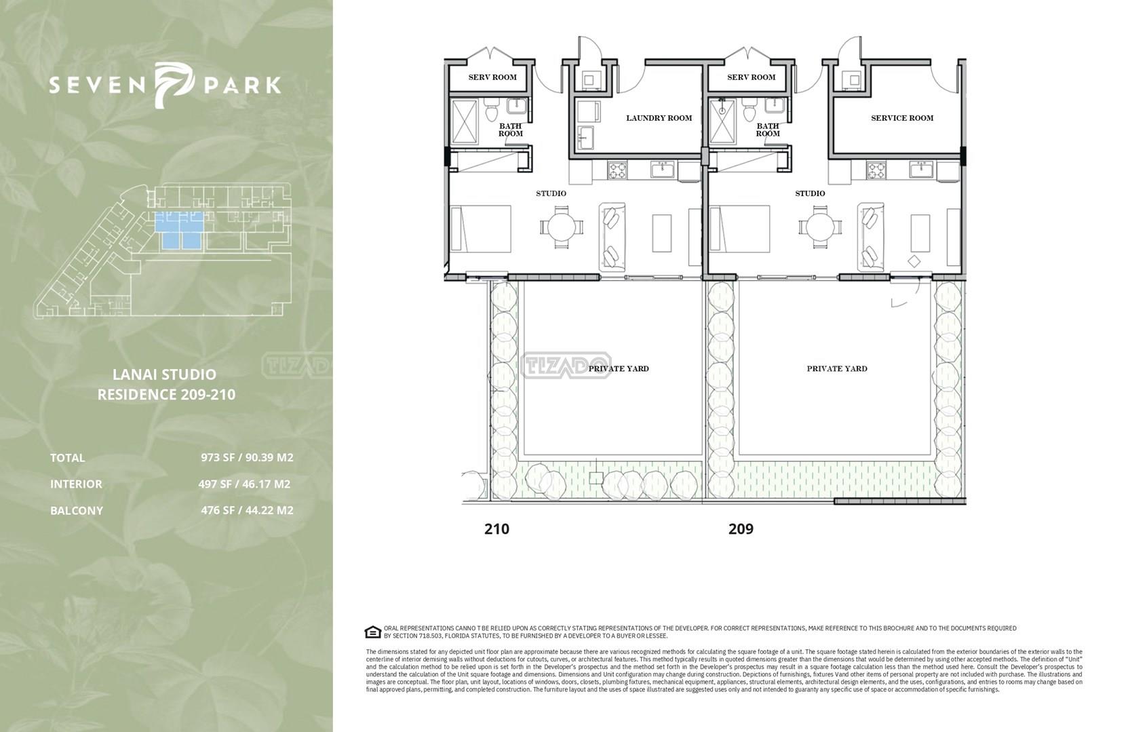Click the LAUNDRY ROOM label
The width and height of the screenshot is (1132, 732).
(x=659, y=118)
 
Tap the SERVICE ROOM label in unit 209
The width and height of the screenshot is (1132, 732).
(x=902, y=118)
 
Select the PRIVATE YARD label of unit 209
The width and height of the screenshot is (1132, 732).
(x=837, y=368)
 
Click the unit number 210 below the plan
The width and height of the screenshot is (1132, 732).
(x=496, y=528)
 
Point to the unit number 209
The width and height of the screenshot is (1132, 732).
(x=741, y=528)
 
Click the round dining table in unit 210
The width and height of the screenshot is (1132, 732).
(x=562, y=227)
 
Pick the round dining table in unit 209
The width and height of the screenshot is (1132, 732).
(x=820, y=227)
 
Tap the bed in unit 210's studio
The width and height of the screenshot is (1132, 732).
(x=481, y=228)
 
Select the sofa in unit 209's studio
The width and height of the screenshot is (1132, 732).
(x=870, y=237)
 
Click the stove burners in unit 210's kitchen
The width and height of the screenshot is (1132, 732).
(x=617, y=170)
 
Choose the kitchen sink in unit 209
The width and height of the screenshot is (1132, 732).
(x=922, y=170)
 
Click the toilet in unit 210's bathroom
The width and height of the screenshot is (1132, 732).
(x=490, y=110)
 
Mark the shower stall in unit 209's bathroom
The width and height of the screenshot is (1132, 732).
(x=722, y=121)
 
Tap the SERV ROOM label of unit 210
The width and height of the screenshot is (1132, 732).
(x=492, y=77)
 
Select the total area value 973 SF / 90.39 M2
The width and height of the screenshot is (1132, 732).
(x=247, y=457)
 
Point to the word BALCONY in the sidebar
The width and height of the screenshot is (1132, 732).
(x=77, y=511)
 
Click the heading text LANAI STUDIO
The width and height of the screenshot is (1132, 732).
(x=164, y=374)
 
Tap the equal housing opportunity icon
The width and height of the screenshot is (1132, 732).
(x=372, y=632)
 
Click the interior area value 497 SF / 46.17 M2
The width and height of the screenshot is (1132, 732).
(x=245, y=484)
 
